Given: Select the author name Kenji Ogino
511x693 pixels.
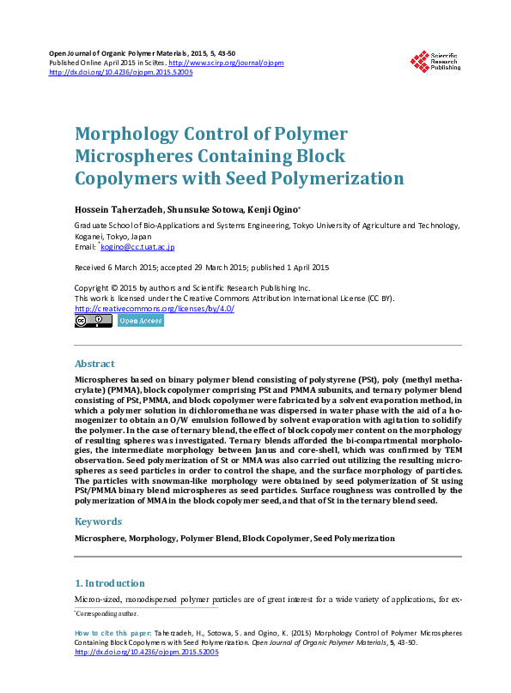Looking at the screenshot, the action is pos(273,209).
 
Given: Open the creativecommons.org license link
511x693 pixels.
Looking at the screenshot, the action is pos(155,309).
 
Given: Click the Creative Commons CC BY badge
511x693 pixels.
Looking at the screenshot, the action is pos(93,321).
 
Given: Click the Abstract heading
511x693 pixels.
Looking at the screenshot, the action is pos(94,364).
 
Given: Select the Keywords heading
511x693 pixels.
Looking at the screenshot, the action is pos(98,521).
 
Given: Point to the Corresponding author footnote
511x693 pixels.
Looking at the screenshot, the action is pos(106,613).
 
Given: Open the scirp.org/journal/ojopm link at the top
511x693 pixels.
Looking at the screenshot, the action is pos(226,63).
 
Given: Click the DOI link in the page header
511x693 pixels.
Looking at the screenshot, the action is pos(121,73).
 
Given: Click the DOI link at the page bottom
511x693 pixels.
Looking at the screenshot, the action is pos(148,652).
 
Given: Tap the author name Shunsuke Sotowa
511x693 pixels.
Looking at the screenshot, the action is pos(209,209).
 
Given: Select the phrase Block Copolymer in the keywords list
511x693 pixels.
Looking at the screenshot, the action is pos(275,539).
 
